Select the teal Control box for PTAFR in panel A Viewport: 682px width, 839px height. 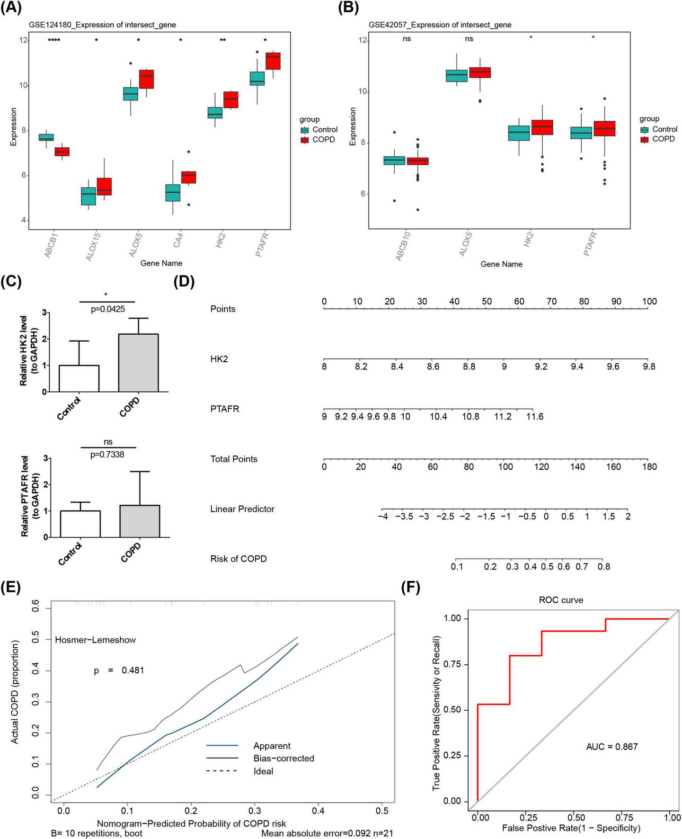click(257, 79)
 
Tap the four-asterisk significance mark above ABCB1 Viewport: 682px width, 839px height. click(54, 40)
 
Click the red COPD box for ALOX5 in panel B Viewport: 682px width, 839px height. click(479, 72)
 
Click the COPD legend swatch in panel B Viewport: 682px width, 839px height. click(644, 139)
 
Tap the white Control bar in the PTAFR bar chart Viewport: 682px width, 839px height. click(80, 524)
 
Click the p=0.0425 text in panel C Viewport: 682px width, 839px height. click(107, 309)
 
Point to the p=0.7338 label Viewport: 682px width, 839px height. click(107, 455)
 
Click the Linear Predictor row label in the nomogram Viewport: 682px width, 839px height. click(242, 509)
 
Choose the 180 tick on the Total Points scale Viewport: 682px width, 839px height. click(649, 467)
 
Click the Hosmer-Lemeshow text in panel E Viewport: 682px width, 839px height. click(95, 640)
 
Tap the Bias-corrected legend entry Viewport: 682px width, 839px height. click(283, 758)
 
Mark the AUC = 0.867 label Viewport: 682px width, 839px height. click(611, 747)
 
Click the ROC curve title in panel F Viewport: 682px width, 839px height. click(561, 600)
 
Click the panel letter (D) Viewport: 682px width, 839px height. click(184, 282)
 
